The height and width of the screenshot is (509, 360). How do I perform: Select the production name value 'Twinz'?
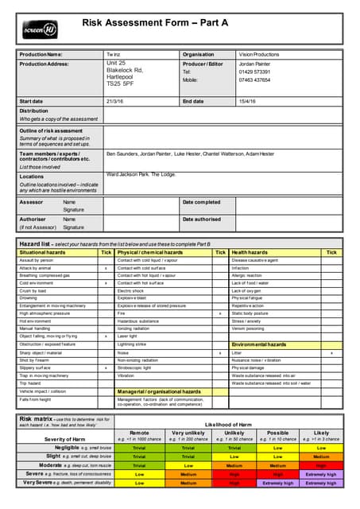pos(113,54)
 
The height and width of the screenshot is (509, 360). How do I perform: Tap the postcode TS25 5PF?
pos(121,84)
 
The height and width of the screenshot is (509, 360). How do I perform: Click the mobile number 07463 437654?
pos(254,80)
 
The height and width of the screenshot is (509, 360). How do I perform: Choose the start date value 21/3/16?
pos(115,101)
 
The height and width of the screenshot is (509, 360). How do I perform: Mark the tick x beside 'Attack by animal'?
pos(106,268)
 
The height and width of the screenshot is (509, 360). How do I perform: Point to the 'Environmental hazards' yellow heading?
pos(258,344)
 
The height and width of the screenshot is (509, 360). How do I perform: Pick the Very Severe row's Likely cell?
pos(320,483)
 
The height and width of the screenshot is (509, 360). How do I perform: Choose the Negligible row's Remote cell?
pos(139,447)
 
